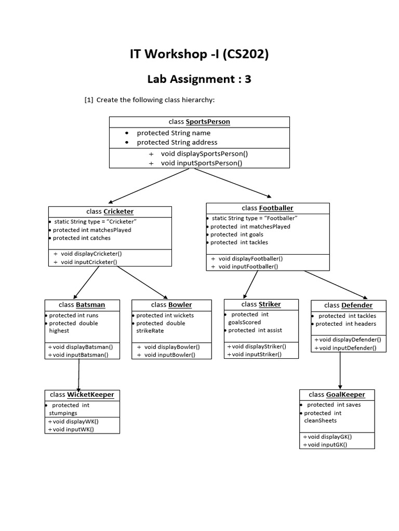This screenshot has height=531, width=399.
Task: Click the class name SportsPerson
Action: [208, 122]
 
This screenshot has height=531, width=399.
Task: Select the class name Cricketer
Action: [118, 212]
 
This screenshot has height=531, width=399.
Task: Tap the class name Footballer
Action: [276, 208]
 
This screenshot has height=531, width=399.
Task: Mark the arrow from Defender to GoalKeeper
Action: [340, 370]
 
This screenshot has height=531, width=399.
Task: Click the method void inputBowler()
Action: [169, 355]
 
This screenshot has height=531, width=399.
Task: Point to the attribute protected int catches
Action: [82, 238]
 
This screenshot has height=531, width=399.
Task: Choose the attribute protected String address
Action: [177, 142]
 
